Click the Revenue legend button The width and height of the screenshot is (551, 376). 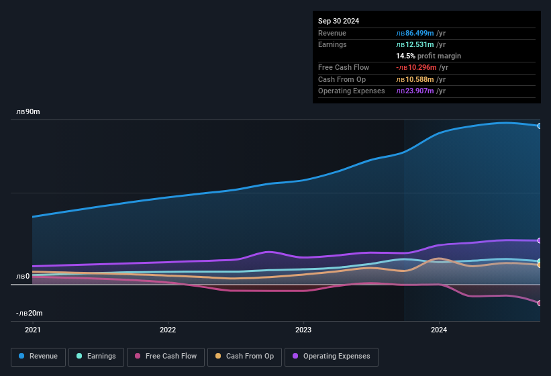click(x=38, y=357)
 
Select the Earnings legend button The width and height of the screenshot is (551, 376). click(x=96, y=357)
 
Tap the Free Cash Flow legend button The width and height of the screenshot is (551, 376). click(x=166, y=357)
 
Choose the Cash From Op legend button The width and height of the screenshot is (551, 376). click(x=244, y=357)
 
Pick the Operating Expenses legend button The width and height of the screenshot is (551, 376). click(x=331, y=357)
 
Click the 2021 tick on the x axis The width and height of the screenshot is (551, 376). click(x=32, y=330)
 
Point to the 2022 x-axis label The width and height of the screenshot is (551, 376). click(x=168, y=330)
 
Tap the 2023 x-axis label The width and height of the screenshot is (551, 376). click(x=303, y=330)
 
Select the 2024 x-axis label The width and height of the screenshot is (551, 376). click(x=439, y=330)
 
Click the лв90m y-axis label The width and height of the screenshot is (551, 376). click(x=28, y=111)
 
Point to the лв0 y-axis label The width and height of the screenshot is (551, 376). click(x=23, y=276)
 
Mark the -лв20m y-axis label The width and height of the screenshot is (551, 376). click(x=30, y=313)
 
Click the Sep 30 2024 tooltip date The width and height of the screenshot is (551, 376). click(x=338, y=21)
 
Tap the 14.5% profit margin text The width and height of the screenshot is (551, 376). click(x=428, y=56)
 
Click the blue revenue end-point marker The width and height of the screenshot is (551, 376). click(x=540, y=126)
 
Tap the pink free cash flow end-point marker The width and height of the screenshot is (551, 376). click(x=540, y=303)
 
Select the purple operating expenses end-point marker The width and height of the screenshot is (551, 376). click(x=540, y=240)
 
